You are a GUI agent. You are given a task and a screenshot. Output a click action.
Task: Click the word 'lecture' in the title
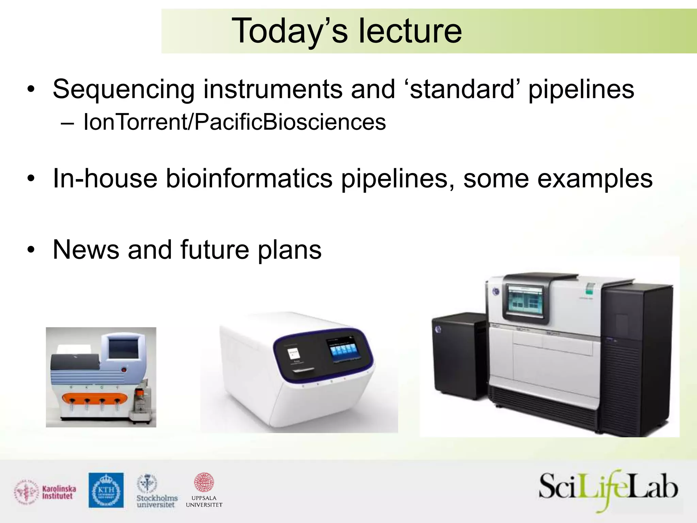point(410,31)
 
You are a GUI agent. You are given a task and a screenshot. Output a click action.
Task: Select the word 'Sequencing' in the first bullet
point(123,90)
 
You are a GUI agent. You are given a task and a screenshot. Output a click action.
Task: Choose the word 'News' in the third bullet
point(86,250)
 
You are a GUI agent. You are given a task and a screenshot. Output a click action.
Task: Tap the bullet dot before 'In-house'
point(31,179)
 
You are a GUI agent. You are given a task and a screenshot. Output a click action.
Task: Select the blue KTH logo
point(106,490)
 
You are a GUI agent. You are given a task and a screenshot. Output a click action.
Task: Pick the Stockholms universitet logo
point(157,491)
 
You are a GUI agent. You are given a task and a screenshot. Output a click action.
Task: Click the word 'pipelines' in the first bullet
point(581,90)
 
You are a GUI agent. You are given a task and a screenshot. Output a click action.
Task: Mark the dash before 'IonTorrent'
point(67,123)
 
